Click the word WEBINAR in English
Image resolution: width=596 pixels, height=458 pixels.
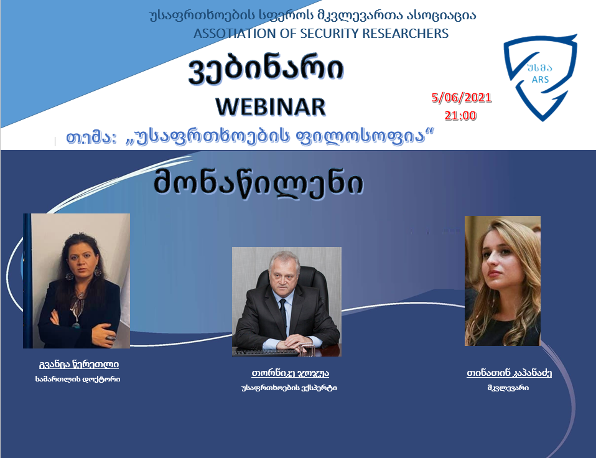pos(271,106)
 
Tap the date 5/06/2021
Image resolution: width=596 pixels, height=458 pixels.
pos(462,98)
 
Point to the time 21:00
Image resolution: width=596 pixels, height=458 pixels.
pos(460,115)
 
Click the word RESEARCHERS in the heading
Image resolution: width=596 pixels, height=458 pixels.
pos(405,34)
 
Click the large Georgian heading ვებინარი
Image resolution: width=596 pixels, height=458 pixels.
pos(266,69)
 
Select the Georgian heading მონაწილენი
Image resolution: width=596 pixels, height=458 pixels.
pos(258,183)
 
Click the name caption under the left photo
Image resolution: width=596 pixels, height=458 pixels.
pos(78,365)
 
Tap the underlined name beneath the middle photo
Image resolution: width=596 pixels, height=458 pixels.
pos(290,373)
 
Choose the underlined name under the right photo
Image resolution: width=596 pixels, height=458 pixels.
pos(509,373)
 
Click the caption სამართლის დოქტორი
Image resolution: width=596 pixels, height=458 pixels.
pos(78,379)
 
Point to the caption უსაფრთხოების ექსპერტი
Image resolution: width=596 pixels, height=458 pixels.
pos(289,388)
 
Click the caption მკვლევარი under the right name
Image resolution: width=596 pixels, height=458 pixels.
pos(508,388)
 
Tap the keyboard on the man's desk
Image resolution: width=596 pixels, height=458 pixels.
pos(266,352)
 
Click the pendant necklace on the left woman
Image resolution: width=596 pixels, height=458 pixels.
pos(77,325)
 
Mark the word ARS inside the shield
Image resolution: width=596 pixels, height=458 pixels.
pos(540,80)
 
